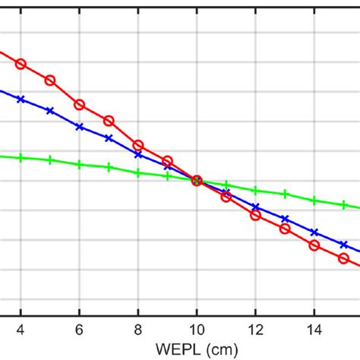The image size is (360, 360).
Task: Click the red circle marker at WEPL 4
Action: point(21,64)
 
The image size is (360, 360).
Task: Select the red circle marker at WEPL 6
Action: point(80,105)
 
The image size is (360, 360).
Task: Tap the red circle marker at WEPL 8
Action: point(138,145)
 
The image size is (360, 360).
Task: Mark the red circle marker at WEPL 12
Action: point(255,215)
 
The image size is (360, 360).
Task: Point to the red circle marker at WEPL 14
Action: point(314,245)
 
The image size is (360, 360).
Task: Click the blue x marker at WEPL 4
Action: point(21,99)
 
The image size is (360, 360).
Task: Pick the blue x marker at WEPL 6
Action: point(80,127)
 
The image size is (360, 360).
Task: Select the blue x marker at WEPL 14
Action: point(314,232)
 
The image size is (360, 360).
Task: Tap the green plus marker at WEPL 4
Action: point(21,158)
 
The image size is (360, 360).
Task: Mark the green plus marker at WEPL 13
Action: point(285,194)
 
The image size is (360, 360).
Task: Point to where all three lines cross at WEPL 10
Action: point(197,181)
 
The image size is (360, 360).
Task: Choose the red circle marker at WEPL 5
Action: point(50,81)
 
